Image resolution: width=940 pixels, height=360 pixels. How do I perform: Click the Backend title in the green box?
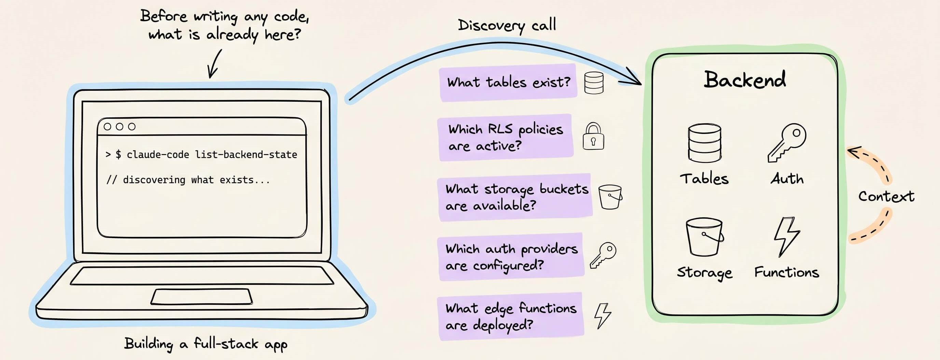745,80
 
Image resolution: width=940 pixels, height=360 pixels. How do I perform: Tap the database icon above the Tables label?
704,143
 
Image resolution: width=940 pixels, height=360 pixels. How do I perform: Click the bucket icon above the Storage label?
704,237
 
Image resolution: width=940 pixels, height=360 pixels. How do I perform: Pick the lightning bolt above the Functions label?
787,237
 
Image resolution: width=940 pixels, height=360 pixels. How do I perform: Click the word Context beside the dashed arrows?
886,196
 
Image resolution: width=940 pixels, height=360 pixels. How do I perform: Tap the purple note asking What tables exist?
508,82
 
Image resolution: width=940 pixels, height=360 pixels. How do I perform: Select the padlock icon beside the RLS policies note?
593,136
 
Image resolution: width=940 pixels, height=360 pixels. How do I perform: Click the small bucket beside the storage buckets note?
610,197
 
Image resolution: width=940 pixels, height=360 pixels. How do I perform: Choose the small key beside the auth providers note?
603,255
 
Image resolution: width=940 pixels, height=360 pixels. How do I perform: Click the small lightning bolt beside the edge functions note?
603,316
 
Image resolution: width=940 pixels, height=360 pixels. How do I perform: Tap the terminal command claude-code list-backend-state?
212,155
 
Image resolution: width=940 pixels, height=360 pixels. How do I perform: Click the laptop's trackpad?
202,296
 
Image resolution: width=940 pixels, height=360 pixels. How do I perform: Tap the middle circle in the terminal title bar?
119,127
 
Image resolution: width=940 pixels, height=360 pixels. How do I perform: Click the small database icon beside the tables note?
594,83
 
